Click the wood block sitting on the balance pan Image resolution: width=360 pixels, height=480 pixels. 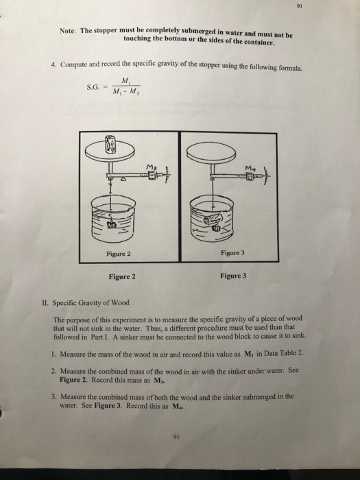111,145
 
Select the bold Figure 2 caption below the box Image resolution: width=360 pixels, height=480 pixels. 122,277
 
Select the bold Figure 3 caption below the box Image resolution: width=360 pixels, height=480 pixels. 234,277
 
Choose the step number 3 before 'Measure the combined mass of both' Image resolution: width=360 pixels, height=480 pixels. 54,396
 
